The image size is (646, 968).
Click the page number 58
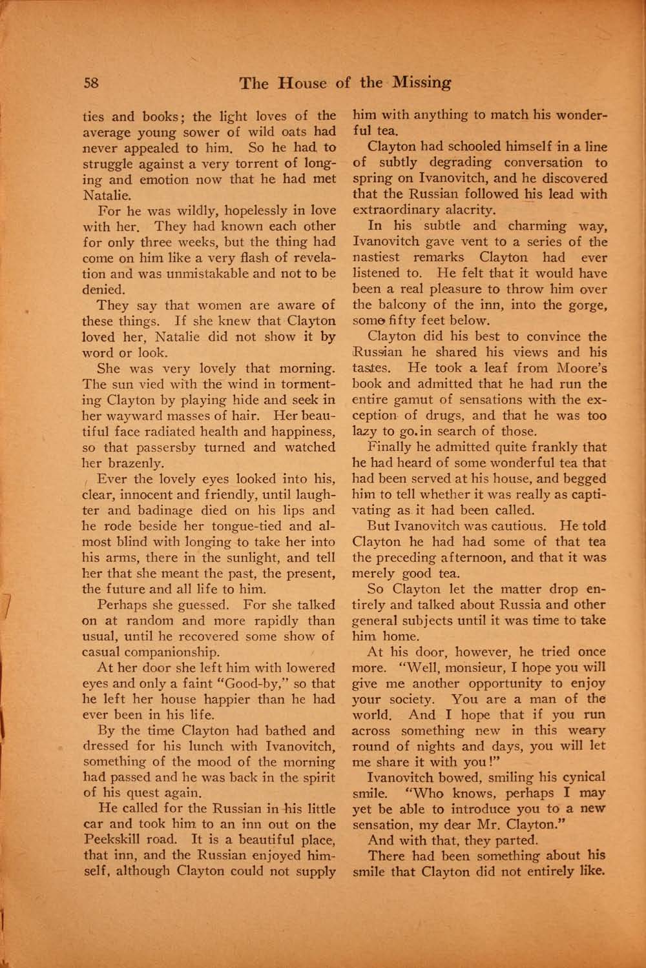click(x=90, y=83)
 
